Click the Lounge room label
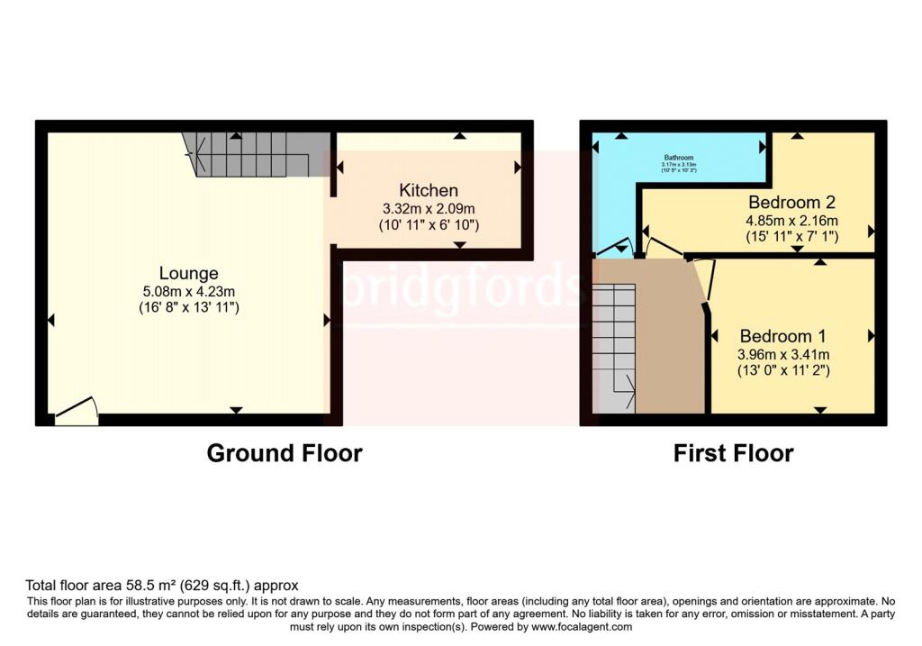pyautogui.click(x=189, y=273)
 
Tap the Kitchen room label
pyautogui.click(x=429, y=190)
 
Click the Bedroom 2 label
pyautogui.click(x=785, y=203)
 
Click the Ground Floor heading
pyautogui.click(x=285, y=453)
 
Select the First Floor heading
pyautogui.click(x=733, y=453)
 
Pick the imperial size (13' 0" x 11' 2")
pyautogui.click(x=780, y=369)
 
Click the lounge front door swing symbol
pyautogui.click(x=76, y=412)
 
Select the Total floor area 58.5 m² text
pyautogui.click(x=162, y=585)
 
